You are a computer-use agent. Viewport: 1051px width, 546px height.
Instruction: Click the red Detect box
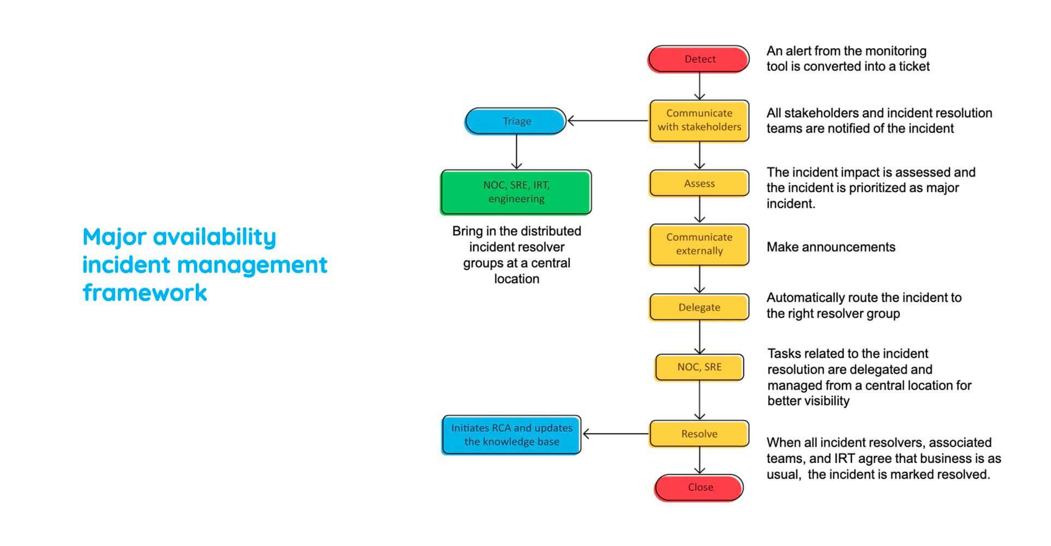(x=699, y=59)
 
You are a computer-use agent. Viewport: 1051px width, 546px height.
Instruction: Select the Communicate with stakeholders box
(x=699, y=121)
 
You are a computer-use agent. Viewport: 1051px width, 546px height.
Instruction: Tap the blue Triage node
(x=516, y=121)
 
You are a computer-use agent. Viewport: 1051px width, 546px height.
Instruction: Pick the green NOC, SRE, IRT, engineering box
(x=516, y=192)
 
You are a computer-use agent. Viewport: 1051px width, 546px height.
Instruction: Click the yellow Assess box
(x=699, y=183)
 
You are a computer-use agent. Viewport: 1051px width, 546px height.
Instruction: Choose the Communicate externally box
(x=699, y=245)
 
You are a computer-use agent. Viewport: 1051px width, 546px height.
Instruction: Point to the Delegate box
(x=699, y=307)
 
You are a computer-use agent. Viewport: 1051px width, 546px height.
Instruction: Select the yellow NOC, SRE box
(x=699, y=367)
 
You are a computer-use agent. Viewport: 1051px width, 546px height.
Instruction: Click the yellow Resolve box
(x=699, y=434)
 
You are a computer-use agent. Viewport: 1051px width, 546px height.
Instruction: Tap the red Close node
(x=700, y=488)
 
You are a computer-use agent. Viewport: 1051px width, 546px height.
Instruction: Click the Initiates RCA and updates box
(x=511, y=435)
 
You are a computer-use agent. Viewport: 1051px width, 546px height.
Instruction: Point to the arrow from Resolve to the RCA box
(x=616, y=434)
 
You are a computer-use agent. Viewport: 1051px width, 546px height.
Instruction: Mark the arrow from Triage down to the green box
(x=516, y=152)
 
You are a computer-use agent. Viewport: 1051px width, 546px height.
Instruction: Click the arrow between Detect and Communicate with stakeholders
(x=700, y=86)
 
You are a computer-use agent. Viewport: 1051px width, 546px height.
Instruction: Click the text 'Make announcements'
(x=831, y=247)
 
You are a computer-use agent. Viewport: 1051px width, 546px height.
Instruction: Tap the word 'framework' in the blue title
(x=145, y=293)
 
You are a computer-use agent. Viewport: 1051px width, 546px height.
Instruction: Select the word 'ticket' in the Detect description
(x=914, y=67)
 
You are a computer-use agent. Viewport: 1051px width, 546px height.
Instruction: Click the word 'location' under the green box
(x=517, y=279)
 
